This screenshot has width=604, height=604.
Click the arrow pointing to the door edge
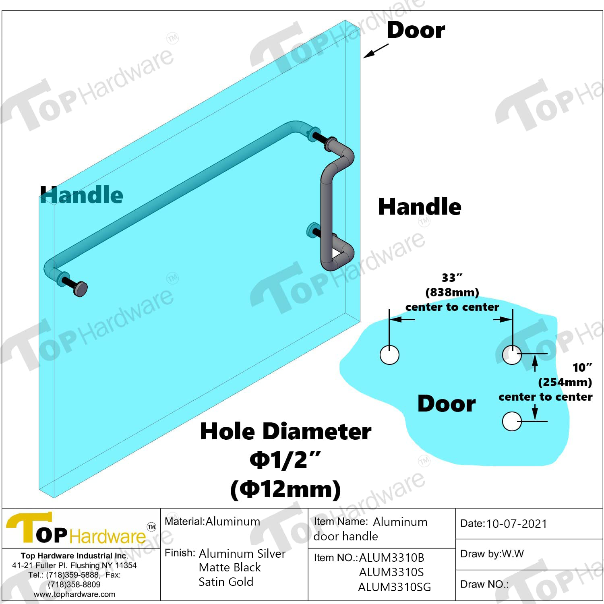(x=376, y=51)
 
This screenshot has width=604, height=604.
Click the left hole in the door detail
(x=389, y=355)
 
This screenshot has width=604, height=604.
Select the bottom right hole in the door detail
(x=512, y=421)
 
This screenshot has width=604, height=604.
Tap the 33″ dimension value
(x=452, y=277)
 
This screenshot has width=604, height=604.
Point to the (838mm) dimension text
(x=452, y=292)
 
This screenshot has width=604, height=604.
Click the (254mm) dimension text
(x=565, y=382)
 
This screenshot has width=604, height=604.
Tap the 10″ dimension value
(x=582, y=367)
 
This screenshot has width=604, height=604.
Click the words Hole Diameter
(x=285, y=431)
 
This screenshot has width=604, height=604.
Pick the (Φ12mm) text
(x=285, y=489)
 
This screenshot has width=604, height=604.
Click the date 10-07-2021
(x=517, y=524)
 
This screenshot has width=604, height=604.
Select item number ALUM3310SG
(x=395, y=587)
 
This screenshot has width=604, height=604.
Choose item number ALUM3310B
(x=391, y=558)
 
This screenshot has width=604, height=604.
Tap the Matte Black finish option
(x=230, y=567)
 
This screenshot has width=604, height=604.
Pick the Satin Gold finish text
(x=226, y=582)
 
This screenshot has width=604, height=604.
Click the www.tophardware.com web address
(x=74, y=594)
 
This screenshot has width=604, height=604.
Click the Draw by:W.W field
(x=492, y=554)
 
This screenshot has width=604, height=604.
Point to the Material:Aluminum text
(x=212, y=521)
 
